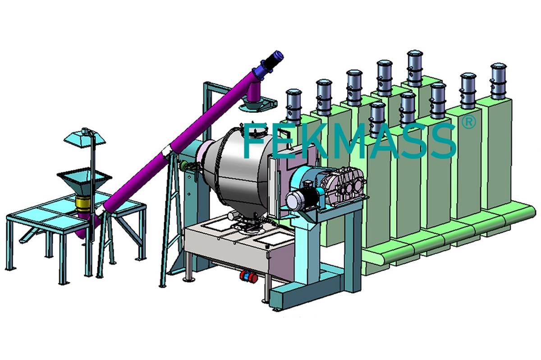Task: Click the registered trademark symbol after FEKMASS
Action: click(468, 123)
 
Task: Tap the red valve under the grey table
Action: click(248, 277)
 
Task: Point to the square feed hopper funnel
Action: click(84, 182)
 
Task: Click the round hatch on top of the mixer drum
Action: click(258, 132)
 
